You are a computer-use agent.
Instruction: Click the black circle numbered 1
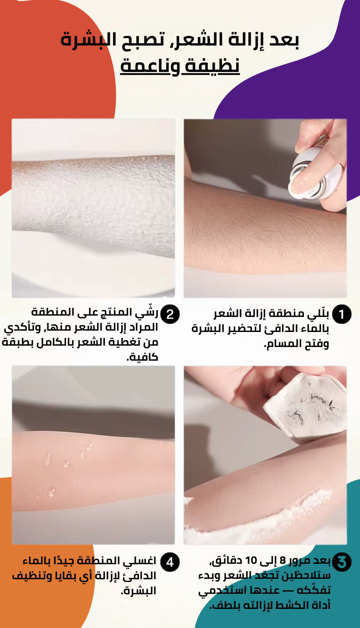pos(341,314)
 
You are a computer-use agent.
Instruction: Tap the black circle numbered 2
pos(170,314)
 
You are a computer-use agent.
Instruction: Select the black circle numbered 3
pos(341,562)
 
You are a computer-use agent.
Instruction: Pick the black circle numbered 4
pos(170,562)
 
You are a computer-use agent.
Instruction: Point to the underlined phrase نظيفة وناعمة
pos(180,67)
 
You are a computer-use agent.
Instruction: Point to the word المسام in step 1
pos(282,344)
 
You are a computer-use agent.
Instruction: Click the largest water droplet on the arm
pos(48,459)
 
